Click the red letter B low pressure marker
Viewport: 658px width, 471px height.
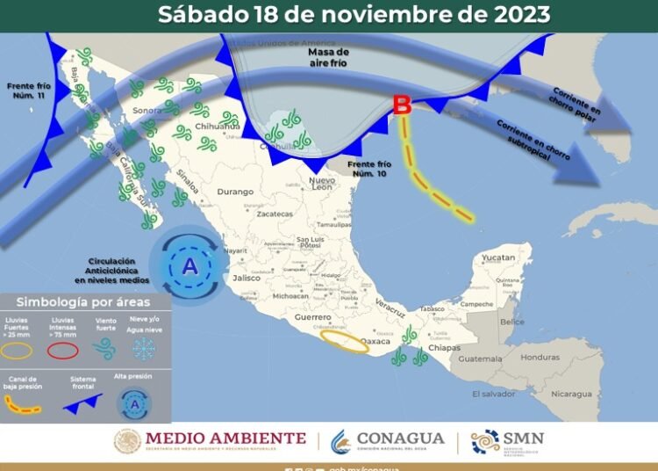pos(402,105)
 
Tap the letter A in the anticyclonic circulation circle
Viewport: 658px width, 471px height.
pos(190,264)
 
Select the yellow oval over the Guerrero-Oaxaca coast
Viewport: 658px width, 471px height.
pos(344,341)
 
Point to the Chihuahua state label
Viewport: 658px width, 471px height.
pos(218,127)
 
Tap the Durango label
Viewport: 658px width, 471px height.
pos(235,191)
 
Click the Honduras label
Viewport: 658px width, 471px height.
pos(539,358)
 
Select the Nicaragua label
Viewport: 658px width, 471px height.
pos(570,394)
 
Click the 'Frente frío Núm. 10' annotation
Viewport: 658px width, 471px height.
pos(367,170)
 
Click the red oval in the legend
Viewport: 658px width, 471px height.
pos(61,351)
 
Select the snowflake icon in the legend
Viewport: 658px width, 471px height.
pos(142,350)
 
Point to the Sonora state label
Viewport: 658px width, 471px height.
pos(147,112)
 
